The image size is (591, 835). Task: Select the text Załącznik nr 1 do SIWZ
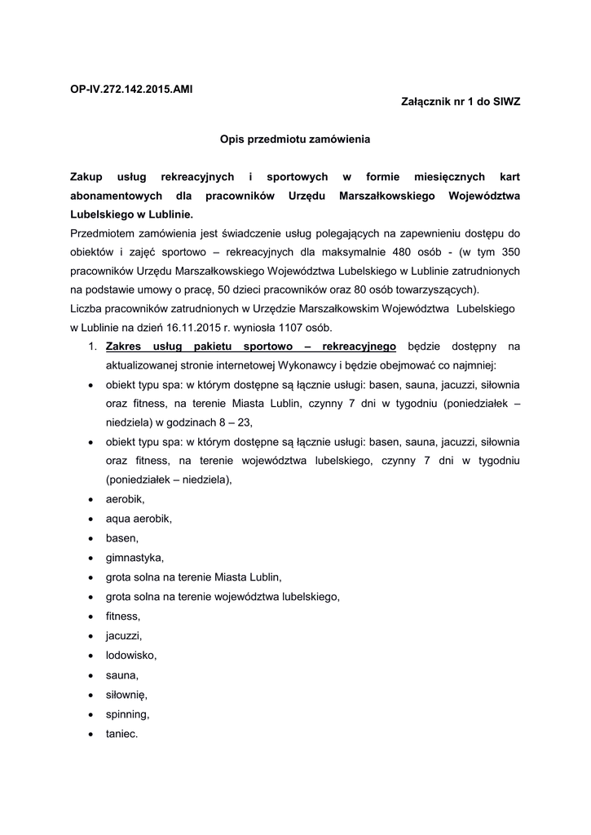click(461, 100)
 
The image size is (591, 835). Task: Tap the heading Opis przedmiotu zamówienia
click(295, 139)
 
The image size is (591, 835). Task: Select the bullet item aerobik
click(125, 499)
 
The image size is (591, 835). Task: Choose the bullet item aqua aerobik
click(139, 519)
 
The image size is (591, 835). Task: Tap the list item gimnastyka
click(135, 558)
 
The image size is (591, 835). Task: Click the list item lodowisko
click(130, 656)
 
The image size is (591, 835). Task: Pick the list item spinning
click(127, 714)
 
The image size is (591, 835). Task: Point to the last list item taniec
click(122, 734)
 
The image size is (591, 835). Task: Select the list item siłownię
click(126, 695)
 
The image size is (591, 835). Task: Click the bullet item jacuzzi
click(125, 636)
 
